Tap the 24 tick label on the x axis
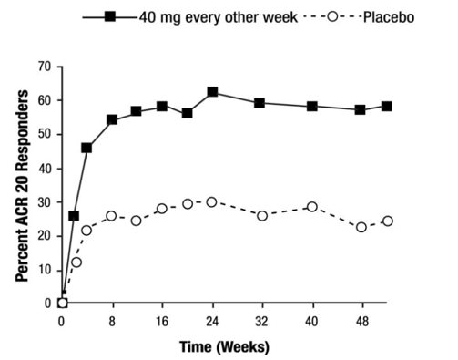[x=211, y=321]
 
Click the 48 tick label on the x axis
[x=361, y=321]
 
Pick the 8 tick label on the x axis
[x=112, y=321]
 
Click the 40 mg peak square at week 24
[x=212, y=92]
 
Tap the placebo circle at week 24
[x=212, y=201]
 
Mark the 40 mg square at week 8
[x=112, y=119]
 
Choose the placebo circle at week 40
[x=311, y=207]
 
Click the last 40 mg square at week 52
[x=386, y=106]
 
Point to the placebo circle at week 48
[x=361, y=227]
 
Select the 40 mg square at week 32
[x=260, y=103]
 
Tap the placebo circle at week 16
[x=162, y=209]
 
